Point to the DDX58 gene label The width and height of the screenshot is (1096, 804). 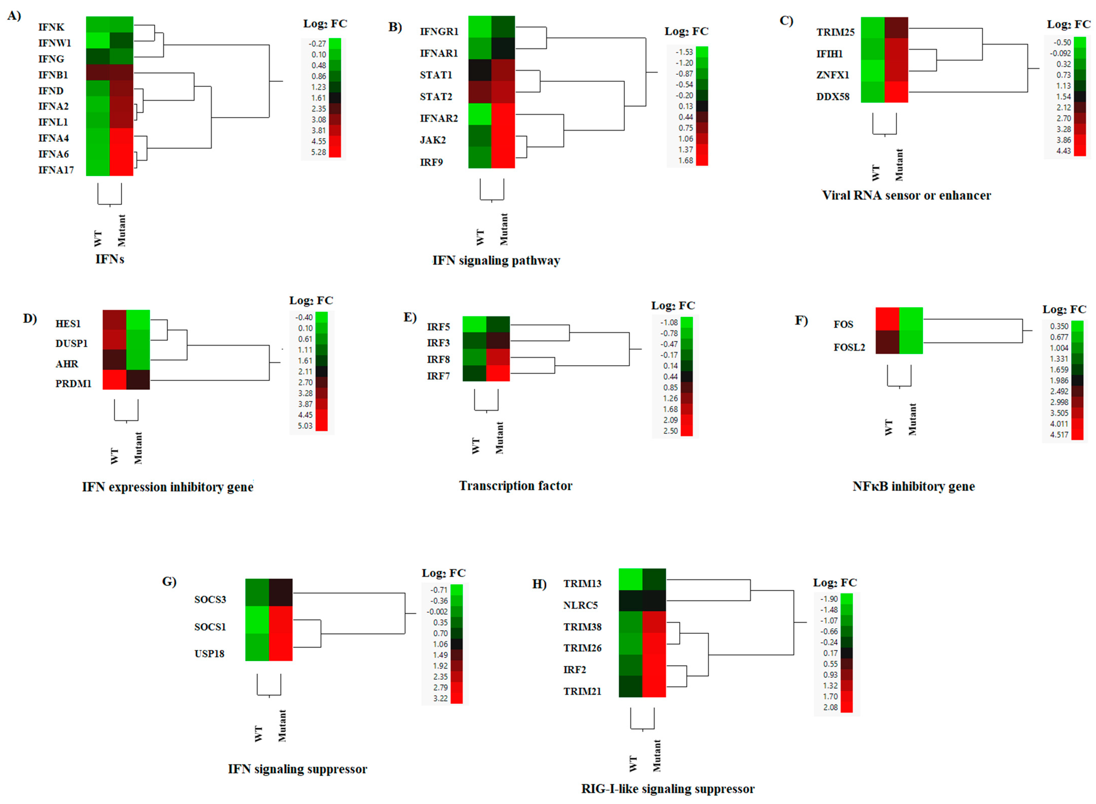(833, 96)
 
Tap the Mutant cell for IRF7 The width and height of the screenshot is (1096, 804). (498, 373)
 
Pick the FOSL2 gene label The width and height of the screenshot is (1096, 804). (849, 347)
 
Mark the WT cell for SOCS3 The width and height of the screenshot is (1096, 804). (257, 592)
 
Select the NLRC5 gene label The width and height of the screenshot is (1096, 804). (580, 605)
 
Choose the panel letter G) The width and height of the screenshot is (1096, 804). (169, 582)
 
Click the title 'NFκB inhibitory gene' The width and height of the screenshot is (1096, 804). (913, 486)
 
